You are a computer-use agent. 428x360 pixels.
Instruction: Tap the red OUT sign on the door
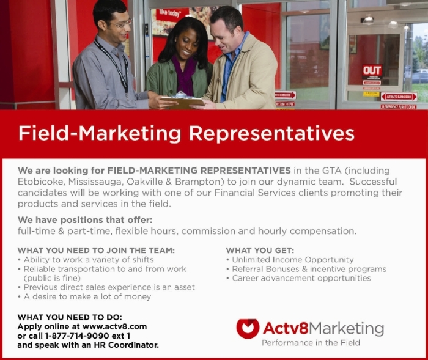[x=372, y=70]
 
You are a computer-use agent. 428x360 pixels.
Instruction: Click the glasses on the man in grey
[x=124, y=24]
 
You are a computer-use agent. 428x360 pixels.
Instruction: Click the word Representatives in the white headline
[x=271, y=133]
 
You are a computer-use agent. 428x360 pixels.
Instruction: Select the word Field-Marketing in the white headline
[x=100, y=133]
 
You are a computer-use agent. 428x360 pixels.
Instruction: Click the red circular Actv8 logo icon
[x=248, y=328]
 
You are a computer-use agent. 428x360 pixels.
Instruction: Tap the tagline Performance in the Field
[x=311, y=342]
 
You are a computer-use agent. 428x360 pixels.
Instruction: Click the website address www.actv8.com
[x=115, y=326]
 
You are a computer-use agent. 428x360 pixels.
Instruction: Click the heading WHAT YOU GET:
[x=260, y=250]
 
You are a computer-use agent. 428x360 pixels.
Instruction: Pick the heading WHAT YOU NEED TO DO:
[x=70, y=317]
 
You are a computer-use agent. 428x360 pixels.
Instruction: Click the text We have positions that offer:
[x=85, y=220]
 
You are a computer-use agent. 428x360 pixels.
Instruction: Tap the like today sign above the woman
[x=170, y=13]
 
